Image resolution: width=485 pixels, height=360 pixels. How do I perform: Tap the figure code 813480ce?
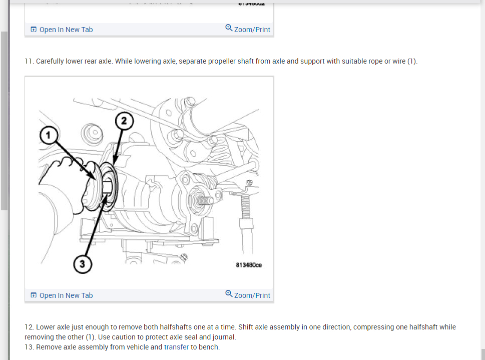click(x=249, y=265)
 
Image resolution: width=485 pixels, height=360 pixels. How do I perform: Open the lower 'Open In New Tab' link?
click(x=66, y=295)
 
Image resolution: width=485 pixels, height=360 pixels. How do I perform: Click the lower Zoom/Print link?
click(x=252, y=295)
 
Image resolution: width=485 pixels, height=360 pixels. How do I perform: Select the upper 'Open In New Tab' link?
click(x=66, y=30)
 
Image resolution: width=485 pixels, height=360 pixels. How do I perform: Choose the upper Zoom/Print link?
click(x=252, y=30)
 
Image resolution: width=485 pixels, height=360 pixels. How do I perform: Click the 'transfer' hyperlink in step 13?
click(x=176, y=346)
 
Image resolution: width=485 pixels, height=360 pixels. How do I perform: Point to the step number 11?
click(x=29, y=61)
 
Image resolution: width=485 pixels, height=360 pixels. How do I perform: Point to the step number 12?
click(x=29, y=327)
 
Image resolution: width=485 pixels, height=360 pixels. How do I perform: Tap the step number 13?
click(x=29, y=346)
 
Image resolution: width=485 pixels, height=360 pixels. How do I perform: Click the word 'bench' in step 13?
click(x=209, y=346)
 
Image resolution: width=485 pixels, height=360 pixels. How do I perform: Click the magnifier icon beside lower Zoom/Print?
click(x=229, y=294)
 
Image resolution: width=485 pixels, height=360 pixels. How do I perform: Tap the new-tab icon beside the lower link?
click(x=34, y=295)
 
